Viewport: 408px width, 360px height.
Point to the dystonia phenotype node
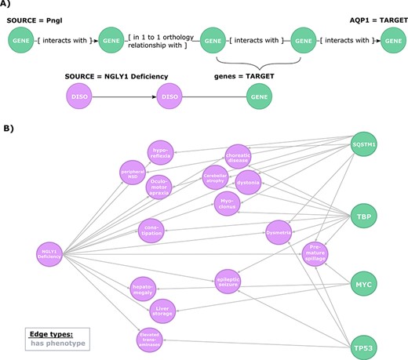[x=247, y=181]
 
